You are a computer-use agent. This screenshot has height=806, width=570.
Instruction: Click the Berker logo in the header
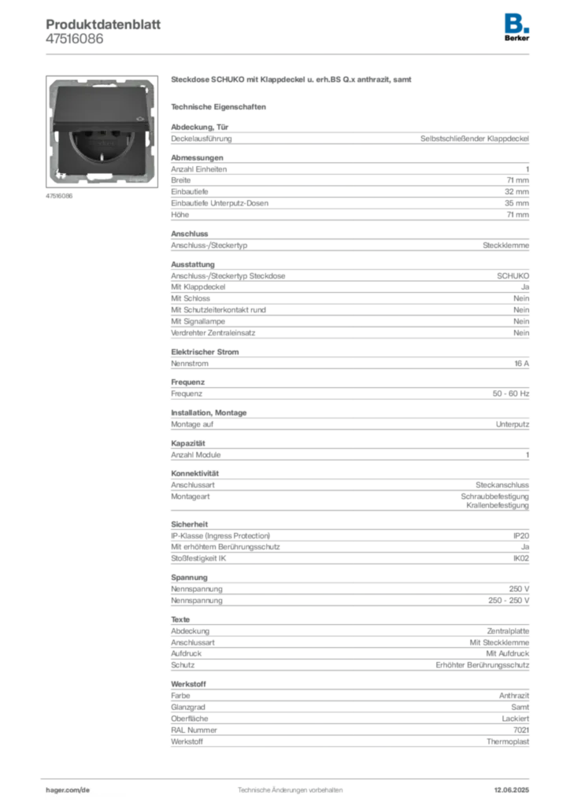[x=516, y=28]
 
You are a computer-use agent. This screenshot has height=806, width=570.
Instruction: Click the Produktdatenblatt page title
[x=103, y=24]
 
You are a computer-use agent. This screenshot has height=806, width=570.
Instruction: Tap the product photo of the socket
[x=102, y=131]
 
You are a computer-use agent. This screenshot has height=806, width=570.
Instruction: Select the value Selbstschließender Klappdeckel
[x=475, y=139]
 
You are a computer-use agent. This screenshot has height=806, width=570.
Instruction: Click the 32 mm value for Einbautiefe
[x=516, y=192]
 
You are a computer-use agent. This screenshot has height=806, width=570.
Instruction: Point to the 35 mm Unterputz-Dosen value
[x=516, y=203]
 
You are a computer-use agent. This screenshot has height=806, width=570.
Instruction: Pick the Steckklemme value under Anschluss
[x=505, y=246]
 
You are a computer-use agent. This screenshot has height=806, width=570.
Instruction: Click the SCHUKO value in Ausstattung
[x=513, y=276]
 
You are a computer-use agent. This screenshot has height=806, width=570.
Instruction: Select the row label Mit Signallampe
[x=198, y=321]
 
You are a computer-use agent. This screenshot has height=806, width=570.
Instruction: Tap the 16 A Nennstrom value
[x=522, y=364]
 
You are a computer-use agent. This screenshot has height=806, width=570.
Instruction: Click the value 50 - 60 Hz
[x=511, y=394]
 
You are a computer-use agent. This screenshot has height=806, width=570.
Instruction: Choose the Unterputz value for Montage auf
[x=513, y=424]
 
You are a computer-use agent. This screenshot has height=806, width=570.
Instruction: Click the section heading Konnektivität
[x=194, y=473]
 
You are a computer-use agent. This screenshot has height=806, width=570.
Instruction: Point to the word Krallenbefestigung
[x=498, y=505]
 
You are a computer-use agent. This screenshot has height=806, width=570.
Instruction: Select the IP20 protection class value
[x=521, y=535]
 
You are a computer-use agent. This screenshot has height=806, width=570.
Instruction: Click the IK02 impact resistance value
[x=521, y=558]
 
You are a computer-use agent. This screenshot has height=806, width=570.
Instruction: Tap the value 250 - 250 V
[x=509, y=601]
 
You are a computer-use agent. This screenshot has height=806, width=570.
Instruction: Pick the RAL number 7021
[x=521, y=730]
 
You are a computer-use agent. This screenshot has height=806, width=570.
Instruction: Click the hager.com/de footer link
[x=68, y=790]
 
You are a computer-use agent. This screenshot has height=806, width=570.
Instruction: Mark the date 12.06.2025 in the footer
[x=512, y=790]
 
